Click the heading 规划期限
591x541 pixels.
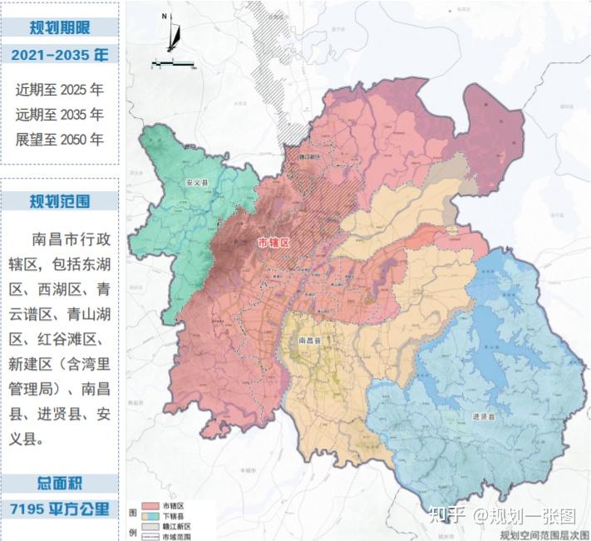[x=60, y=27]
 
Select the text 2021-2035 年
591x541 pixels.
[x=60, y=56]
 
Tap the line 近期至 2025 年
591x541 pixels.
[x=60, y=89]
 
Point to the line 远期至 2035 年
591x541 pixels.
[x=60, y=114]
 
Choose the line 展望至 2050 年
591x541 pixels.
[x=60, y=139]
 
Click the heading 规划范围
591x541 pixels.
[x=60, y=200]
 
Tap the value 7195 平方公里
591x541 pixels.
[x=60, y=509]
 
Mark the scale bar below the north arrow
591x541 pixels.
[x=173, y=64]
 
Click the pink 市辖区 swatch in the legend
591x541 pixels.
[x=150, y=506]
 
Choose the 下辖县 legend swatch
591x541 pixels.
[x=150, y=516]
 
